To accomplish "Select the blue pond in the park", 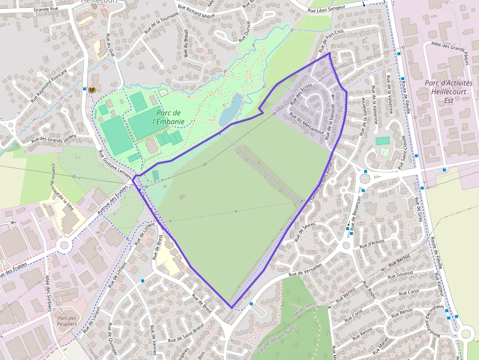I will tap(230, 109).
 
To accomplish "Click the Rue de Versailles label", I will tap(305, 270).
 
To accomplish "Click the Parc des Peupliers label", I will tap(67, 320).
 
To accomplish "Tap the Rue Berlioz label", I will tap(399, 259).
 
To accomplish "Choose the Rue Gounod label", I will tap(400, 275).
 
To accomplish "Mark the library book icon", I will tap(91, 90).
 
